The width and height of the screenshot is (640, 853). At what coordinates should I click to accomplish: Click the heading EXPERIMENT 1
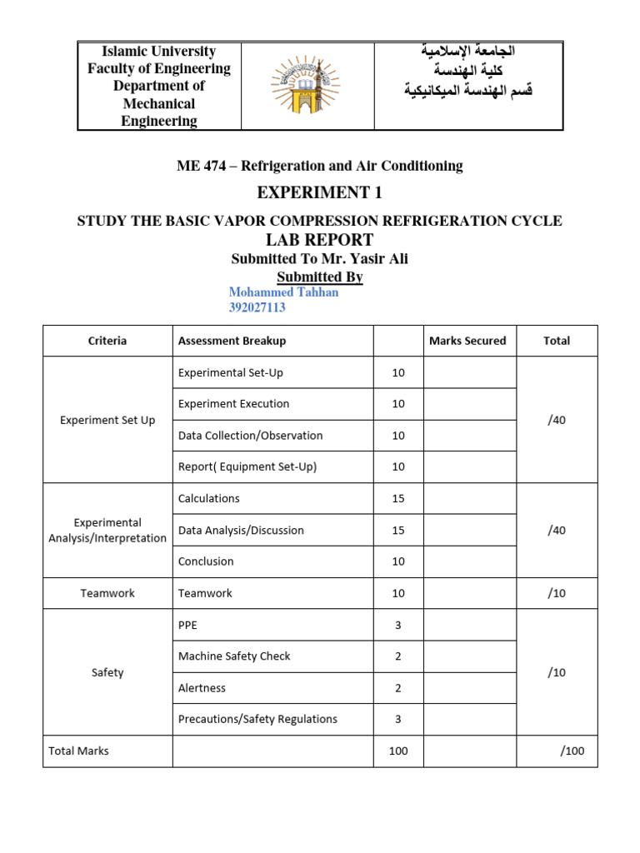point(320,193)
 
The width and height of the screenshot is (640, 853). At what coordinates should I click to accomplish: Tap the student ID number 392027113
point(257,307)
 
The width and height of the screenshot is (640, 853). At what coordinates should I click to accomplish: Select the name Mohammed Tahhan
point(283,292)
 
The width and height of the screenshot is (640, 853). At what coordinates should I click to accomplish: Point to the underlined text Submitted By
point(320,277)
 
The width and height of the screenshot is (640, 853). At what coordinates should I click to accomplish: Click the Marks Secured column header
point(467,340)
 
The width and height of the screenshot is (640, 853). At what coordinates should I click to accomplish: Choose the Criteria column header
point(107,340)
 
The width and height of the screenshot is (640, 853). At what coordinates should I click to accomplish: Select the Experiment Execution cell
point(234,404)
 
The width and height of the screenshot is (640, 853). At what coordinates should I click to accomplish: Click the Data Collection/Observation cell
point(251,436)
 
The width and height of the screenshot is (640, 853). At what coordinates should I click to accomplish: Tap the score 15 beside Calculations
point(397,498)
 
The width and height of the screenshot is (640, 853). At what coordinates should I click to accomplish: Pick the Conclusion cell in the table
point(206,561)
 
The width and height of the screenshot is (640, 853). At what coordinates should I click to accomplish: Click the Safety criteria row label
point(107,672)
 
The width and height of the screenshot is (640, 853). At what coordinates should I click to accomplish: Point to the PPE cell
point(188,625)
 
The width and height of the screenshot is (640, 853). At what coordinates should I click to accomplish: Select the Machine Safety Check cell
point(234,656)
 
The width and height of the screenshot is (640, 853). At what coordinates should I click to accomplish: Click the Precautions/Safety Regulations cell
point(257,719)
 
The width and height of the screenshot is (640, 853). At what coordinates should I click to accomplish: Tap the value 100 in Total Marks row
point(397,751)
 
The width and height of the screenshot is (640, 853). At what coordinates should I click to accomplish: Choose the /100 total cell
point(572,751)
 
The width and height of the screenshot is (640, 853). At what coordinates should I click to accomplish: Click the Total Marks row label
point(79,751)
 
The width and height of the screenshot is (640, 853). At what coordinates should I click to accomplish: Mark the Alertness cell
point(202,688)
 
